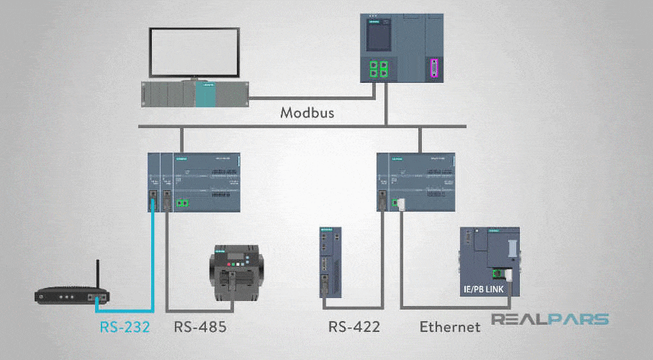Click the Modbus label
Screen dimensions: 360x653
coord(307,113)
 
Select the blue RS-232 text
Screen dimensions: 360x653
coord(125,326)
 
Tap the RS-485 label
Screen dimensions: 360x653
coord(200,326)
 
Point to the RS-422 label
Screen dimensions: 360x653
coord(354,326)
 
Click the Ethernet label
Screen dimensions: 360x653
coord(450,327)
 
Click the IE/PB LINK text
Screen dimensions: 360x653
coord(487,290)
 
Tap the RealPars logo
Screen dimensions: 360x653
coord(550,320)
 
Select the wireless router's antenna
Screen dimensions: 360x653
coord(98,274)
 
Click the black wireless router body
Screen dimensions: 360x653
coord(72,295)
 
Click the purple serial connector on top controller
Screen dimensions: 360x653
coord(434,69)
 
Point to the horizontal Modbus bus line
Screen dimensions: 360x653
coord(288,128)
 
